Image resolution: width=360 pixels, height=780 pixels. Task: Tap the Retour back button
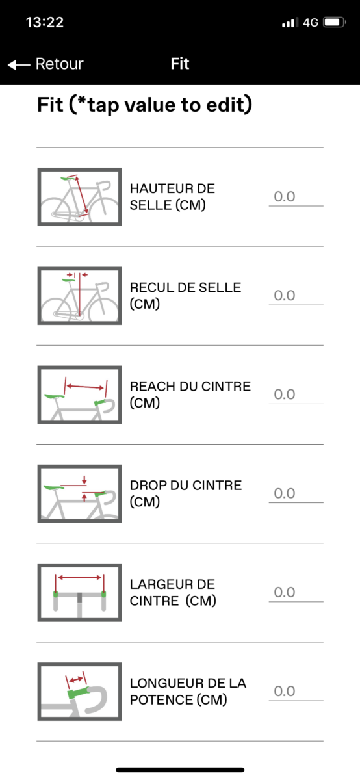[x=45, y=64]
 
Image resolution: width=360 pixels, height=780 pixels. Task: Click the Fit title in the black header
[x=179, y=64]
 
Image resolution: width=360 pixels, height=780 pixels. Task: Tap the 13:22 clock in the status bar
[x=45, y=22]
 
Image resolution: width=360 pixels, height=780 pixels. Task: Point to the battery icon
[x=334, y=22]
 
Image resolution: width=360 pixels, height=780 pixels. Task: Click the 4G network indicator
[x=311, y=23]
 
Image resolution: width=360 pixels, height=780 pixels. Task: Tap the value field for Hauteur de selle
[x=296, y=197]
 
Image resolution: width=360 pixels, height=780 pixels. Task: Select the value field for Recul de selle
[x=296, y=296]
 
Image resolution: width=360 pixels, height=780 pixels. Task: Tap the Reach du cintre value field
[x=296, y=395]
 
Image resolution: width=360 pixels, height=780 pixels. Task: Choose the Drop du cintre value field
[x=296, y=493]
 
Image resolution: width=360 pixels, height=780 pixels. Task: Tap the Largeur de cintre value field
[x=296, y=592]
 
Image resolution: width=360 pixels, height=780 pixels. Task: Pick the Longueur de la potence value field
[x=296, y=691]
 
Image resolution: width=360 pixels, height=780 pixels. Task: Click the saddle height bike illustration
[x=80, y=197]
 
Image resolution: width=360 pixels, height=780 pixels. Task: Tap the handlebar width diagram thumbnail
[x=80, y=592]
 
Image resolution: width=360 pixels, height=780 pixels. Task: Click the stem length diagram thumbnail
[x=80, y=691]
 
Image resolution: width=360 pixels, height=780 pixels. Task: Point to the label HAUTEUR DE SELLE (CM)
[x=172, y=197]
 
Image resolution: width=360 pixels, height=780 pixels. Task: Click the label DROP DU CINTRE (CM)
[x=186, y=493]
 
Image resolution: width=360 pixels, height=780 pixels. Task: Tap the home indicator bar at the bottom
[x=180, y=770]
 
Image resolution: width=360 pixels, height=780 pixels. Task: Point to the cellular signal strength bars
[x=290, y=23]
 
